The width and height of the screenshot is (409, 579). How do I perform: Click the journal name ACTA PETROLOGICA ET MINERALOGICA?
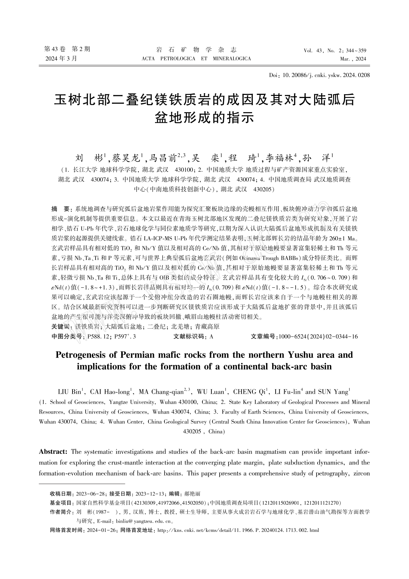point(196,58)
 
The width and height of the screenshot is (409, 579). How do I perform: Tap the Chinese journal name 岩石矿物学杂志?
point(196,50)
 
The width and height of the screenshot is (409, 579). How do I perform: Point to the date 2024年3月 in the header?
point(61,58)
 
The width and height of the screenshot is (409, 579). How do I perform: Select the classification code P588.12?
point(99,337)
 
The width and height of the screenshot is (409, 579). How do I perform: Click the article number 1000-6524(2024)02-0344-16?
point(318,337)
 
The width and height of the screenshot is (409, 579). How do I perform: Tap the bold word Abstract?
point(53,451)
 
